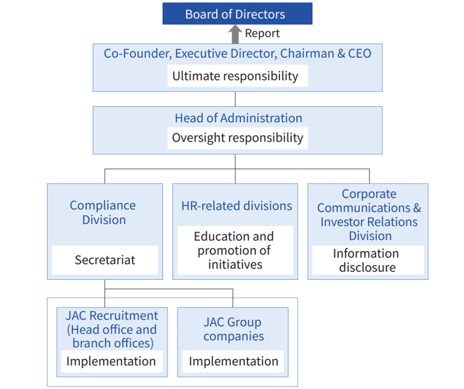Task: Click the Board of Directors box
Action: click(238, 13)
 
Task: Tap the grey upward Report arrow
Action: click(235, 34)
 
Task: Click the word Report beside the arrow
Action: click(262, 33)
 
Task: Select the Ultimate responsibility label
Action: click(235, 76)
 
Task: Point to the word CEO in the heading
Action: click(360, 53)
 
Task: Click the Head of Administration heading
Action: click(239, 118)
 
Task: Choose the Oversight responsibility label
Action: click(238, 138)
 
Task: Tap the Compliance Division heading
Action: click(103, 212)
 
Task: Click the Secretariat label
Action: click(105, 260)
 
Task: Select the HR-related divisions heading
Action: click(237, 206)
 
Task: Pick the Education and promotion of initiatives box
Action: click(235, 250)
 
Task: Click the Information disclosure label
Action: click(366, 260)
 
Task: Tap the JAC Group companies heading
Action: click(233, 329)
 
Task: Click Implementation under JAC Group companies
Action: click(233, 361)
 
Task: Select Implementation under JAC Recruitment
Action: click(111, 361)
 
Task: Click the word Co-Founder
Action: click(137, 54)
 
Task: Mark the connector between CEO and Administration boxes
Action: click(235, 99)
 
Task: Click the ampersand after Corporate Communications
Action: click(417, 207)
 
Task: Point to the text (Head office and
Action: click(112, 329)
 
